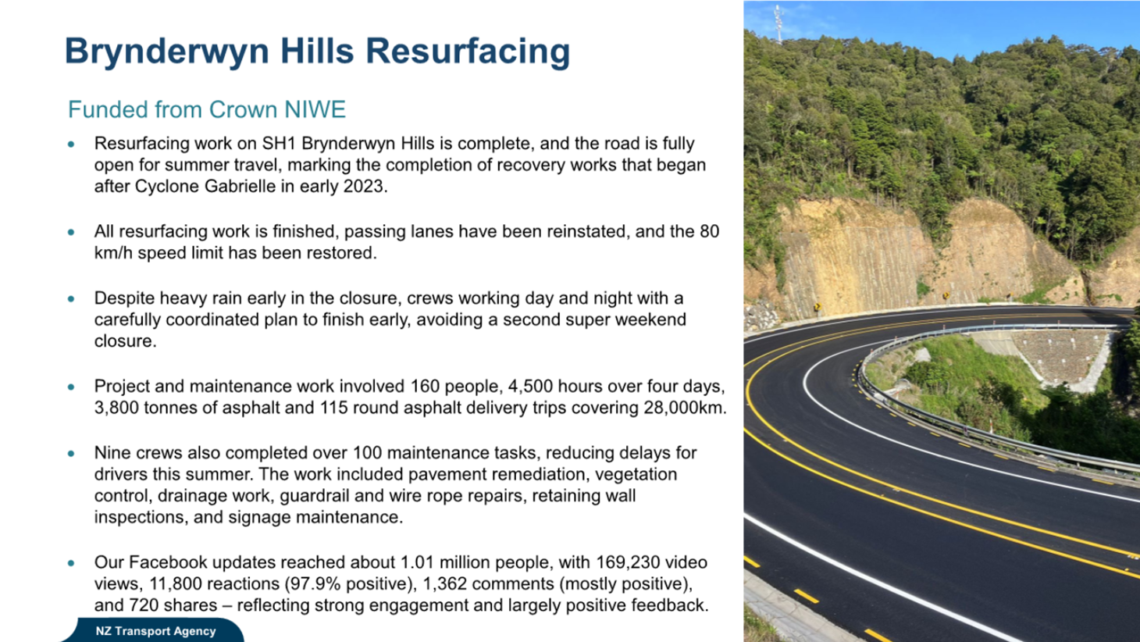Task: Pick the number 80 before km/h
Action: click(709, 232)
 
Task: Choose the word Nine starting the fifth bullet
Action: click(112, 453)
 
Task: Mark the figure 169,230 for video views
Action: click(629, 562)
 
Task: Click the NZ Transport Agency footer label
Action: click(155, 631)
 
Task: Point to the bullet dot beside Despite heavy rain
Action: click(72, 299)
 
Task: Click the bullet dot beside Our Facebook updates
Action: click(72, 563)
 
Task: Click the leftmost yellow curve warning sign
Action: click(816, 306)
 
